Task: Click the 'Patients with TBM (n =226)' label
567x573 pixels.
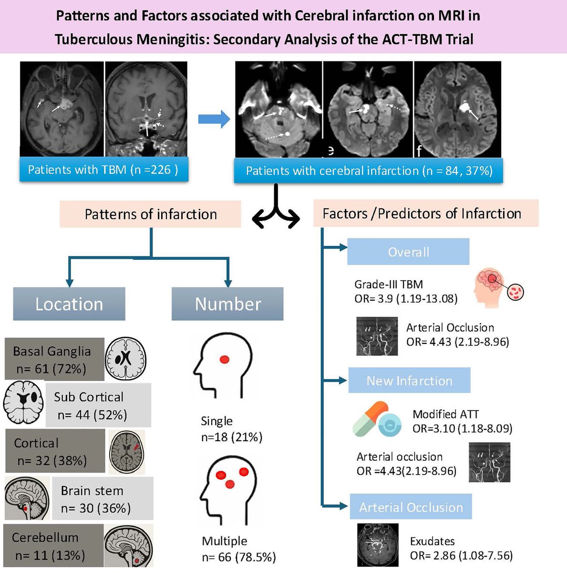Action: pos(103,170)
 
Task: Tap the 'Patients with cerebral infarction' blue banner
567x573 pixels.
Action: pos(369,171)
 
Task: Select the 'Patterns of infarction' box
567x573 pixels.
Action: pos(150,214)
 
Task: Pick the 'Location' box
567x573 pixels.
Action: pos(69,304)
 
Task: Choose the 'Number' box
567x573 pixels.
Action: pos(227,304)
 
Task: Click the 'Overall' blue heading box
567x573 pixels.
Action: pos(408,252)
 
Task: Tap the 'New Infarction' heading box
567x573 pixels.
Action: pos(409,381)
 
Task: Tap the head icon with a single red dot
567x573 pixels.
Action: pos(223,365)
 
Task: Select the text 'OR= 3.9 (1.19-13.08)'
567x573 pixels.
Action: pos(406,299)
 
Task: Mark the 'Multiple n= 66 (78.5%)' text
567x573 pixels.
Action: pos(238,549)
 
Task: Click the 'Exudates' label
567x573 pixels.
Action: pos(432,541)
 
